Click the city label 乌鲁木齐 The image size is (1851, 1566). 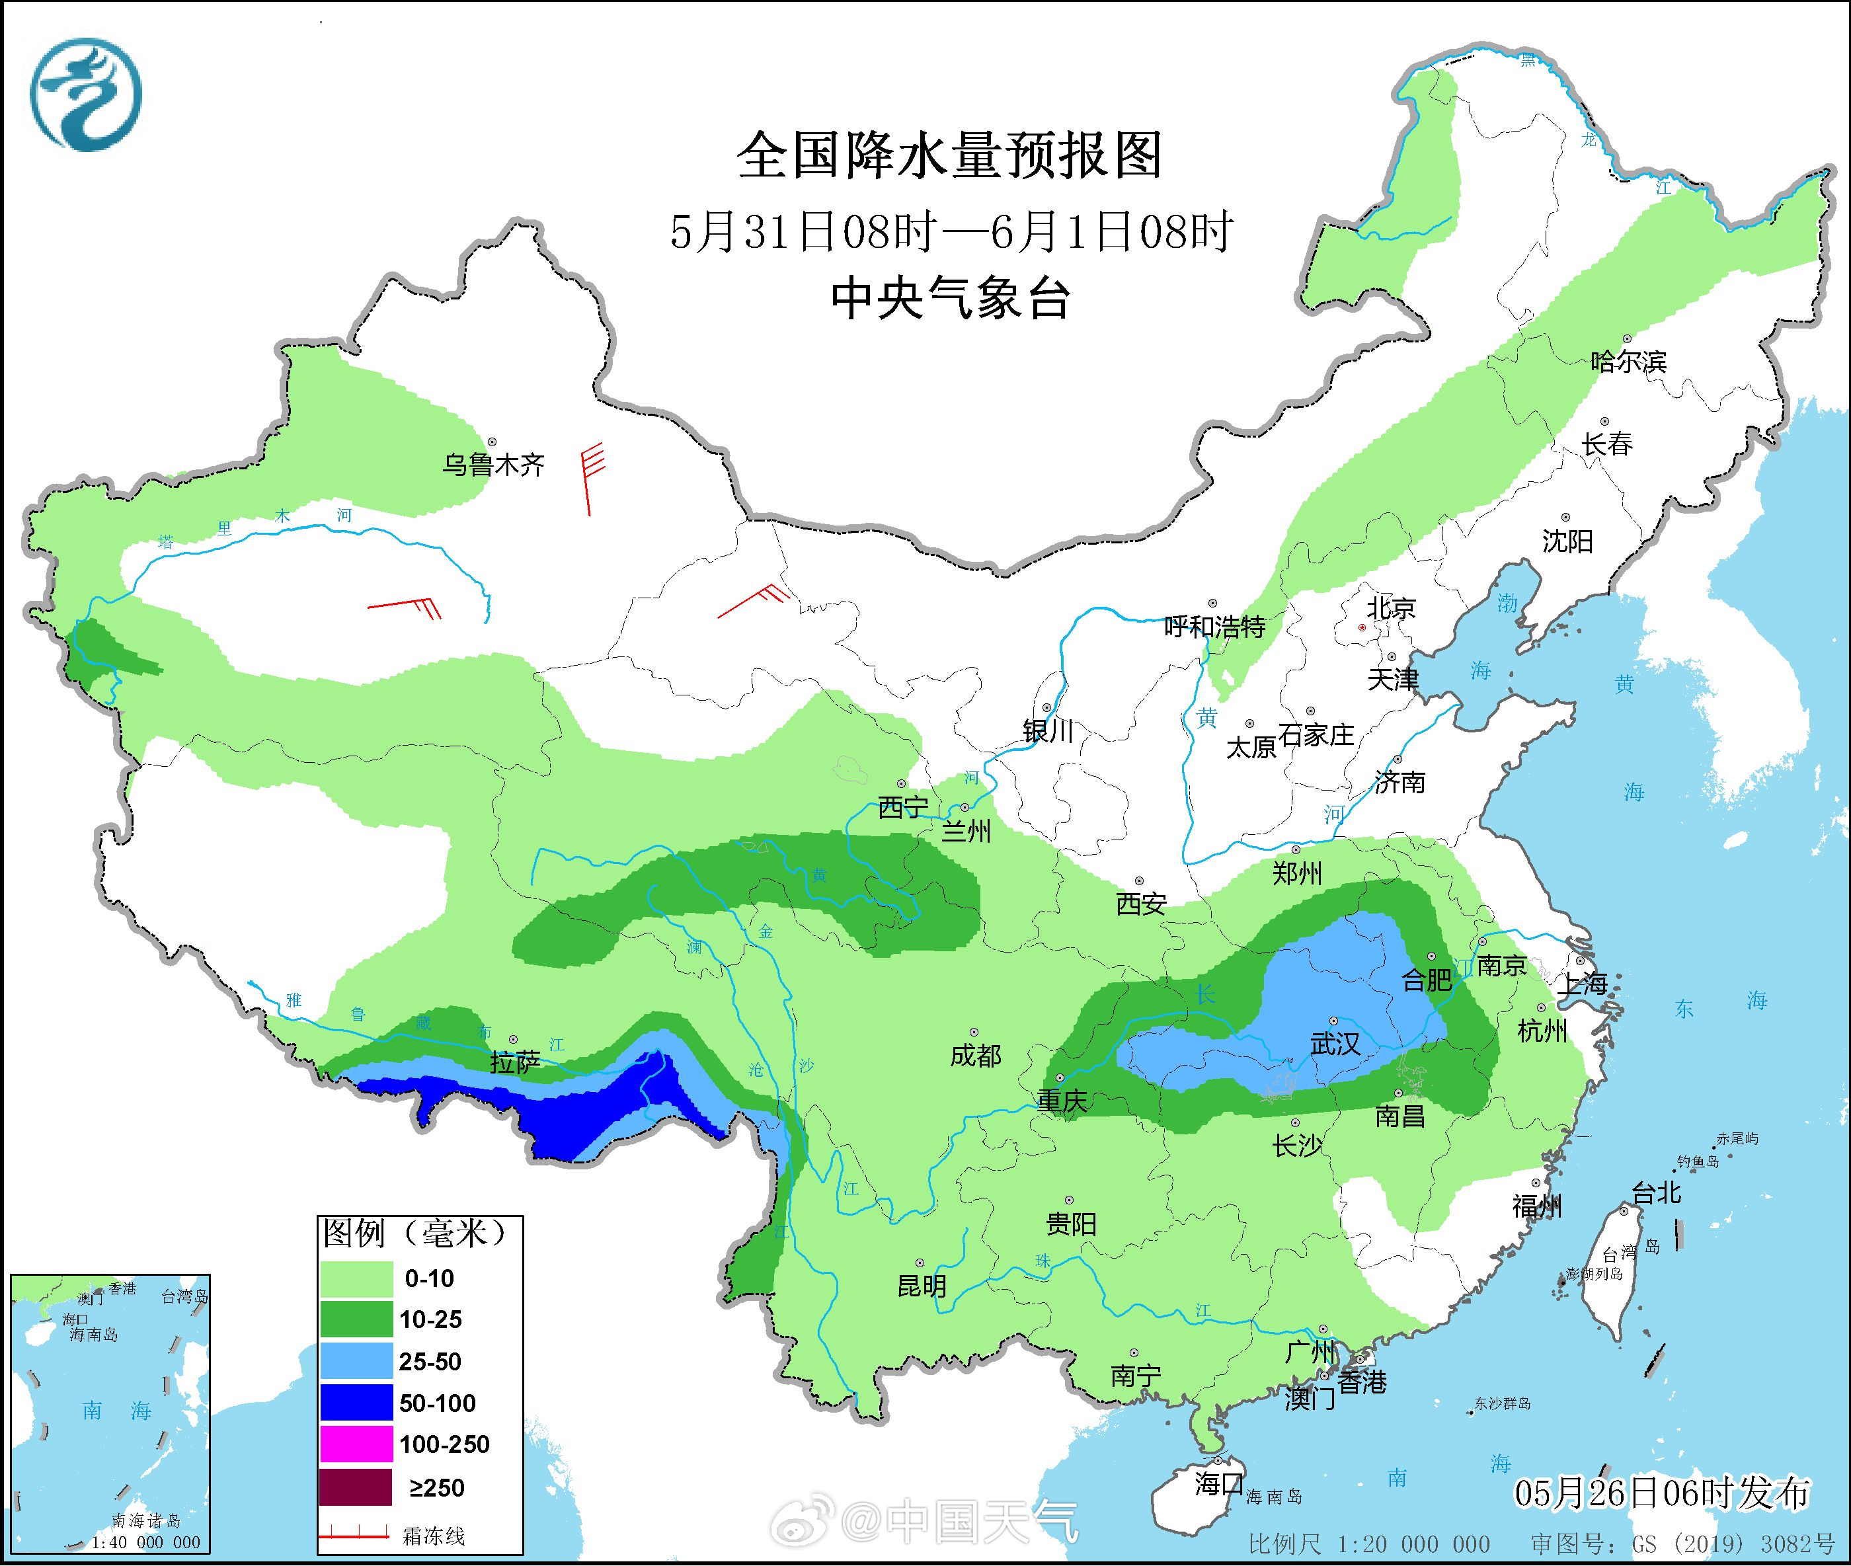pos(494,464)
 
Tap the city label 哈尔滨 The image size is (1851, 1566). pos(1628,362)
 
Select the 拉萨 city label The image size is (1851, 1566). pos(515,1063)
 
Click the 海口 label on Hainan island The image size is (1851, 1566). pos(1218,1483)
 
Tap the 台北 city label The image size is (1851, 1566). pos(1657,1193)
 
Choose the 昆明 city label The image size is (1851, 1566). pos(922,1286)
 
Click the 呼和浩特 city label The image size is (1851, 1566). pos(1214,627)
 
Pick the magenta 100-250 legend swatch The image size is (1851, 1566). pos(355,1444)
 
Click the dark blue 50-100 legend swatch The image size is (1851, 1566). pos(355,1403)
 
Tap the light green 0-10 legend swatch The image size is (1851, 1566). pos(355,1278)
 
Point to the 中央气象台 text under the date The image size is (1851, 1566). pos(949,298)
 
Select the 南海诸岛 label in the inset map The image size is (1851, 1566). pos(147,1522)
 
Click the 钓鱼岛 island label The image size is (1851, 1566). pos(1698,1161)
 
